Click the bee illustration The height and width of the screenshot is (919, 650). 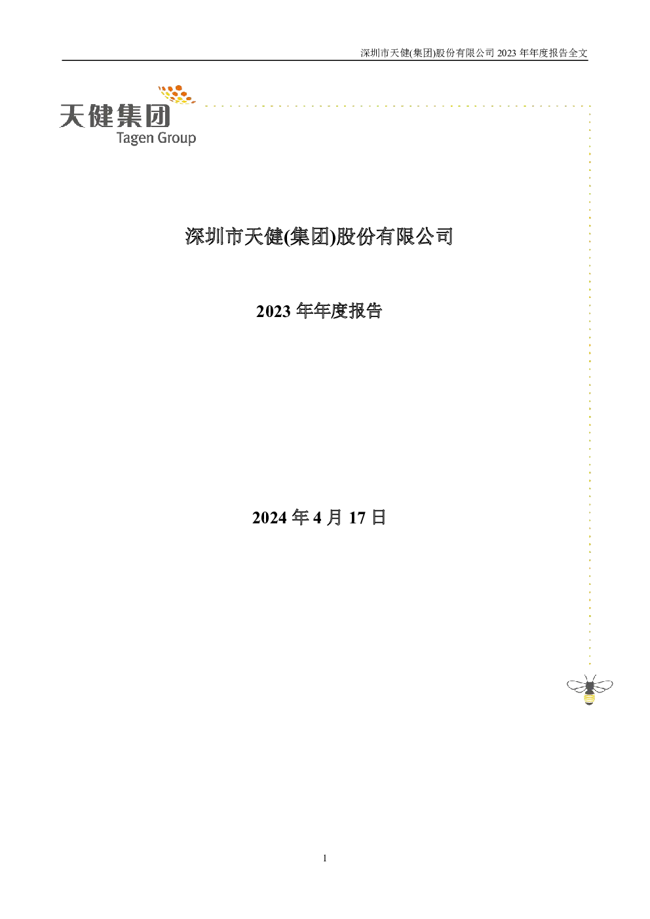coord(590,690)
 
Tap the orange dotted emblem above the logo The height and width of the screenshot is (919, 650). coord(177,94)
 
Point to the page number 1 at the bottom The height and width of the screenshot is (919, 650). coord(325,858)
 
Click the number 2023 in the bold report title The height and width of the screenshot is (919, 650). coord(273,311)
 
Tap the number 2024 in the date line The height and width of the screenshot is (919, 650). coord(269,517)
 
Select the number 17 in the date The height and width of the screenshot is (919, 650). coord(357,517)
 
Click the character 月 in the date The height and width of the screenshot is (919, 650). coord(334,517)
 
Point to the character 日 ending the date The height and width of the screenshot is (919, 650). coord(379,517)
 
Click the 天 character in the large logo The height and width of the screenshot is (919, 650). coord(73,116)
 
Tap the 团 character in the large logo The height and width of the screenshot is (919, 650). coord(157,115)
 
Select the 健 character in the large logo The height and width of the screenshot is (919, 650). coord(100,115)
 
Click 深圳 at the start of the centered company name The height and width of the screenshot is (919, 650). coord(204,236)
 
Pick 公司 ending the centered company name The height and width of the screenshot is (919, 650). coord(434,236)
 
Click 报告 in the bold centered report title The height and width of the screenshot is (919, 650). coord(365,311)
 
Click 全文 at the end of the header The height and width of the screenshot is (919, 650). coord(578,53)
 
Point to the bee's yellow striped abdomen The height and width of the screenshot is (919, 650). coord(589,697)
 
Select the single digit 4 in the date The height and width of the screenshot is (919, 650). coord(317,517)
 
